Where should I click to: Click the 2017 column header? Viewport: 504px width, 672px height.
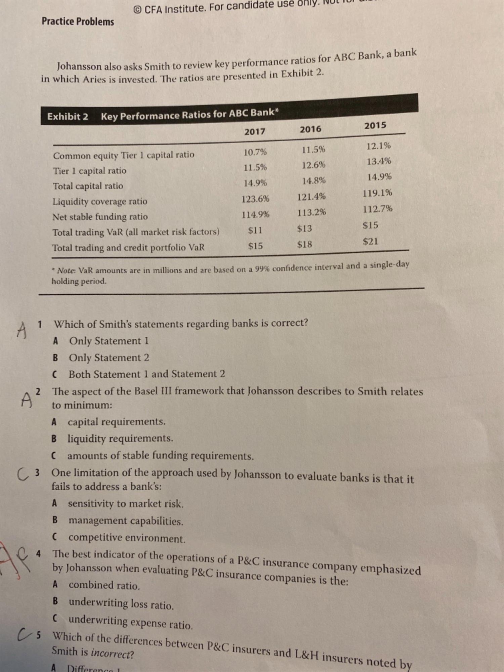click(255, 131)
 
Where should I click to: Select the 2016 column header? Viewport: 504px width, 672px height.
click(310, 129)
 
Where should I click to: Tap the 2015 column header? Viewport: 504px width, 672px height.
click(375, 125)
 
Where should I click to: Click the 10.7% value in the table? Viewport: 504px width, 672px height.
click(255, 152)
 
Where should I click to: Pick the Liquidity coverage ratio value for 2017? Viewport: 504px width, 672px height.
click(255, 199)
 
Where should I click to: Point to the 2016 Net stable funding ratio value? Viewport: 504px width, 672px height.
click(311, 212)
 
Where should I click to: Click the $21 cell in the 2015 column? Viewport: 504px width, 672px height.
click(370, 241)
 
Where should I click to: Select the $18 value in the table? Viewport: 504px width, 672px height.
click(304, 244)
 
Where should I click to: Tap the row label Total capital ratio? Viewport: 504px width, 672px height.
click(88, 186)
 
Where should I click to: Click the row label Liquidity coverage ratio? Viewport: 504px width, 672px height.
click(100, 201)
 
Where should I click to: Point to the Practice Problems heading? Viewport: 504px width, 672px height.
click(78, 22)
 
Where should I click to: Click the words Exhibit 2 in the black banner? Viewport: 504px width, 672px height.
click(68, 117)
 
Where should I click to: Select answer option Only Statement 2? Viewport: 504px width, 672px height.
click(109, 358)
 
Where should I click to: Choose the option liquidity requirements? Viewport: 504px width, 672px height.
click(120, 438)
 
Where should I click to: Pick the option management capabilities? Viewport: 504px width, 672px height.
click(126, 521)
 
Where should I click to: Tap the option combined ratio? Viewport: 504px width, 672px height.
click(104, 585)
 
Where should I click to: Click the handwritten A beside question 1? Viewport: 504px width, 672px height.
click(22, 330)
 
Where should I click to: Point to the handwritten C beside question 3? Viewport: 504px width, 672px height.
click(22, 474)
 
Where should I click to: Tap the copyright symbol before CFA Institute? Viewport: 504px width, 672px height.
click(137, 10)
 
